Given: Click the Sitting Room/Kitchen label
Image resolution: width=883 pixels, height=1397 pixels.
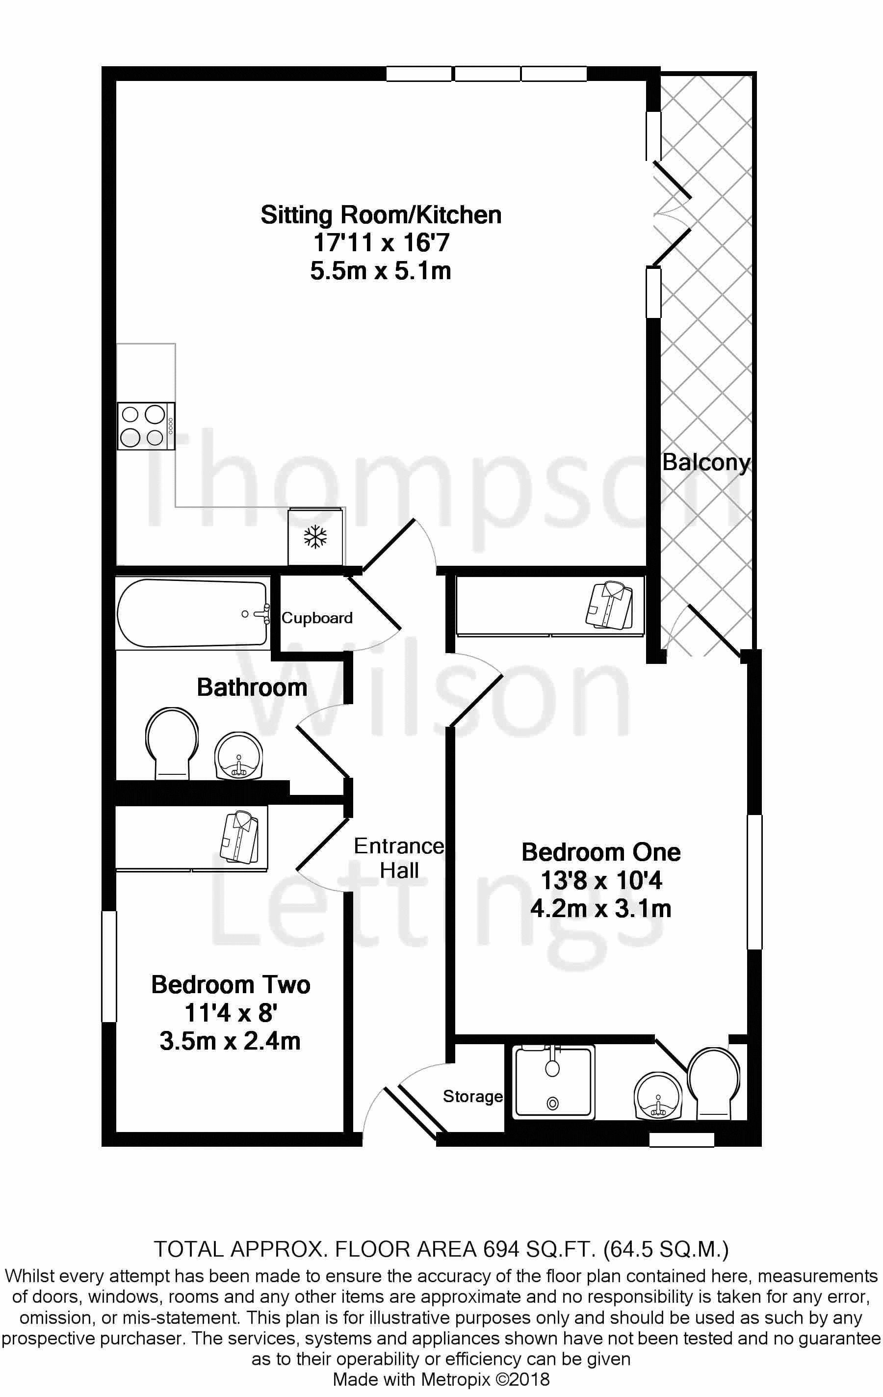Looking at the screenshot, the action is click(381, 215).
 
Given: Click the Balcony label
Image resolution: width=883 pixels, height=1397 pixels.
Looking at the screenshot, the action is click(706, 462).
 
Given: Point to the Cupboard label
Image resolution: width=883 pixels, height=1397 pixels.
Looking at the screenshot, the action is click(317, 618).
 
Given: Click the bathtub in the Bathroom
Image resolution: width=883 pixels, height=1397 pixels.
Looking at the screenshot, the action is click(193, 613).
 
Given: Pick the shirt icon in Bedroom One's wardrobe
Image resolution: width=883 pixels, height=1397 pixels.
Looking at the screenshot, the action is click(609, 606).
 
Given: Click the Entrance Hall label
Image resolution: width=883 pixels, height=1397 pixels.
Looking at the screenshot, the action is click(399, 858).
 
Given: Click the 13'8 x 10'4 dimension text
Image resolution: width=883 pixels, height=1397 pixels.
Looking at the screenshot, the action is click(601, 881).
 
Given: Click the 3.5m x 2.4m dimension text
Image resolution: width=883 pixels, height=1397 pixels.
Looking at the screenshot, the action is click(231, 1041).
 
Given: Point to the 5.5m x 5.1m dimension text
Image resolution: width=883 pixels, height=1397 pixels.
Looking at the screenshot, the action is click(381, 271).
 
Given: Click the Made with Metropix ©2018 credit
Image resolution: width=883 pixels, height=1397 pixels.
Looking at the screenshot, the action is click(441, 1379).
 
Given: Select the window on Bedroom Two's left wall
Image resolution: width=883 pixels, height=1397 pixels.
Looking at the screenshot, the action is click(109, 966).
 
